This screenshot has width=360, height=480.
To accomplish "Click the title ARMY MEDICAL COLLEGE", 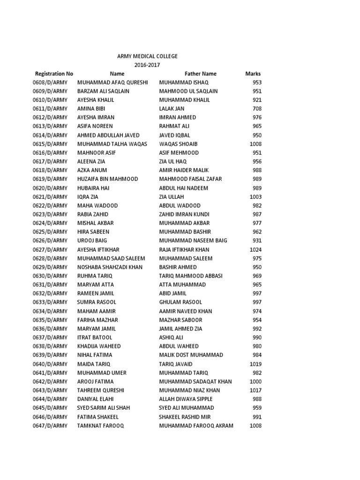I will [x=147, y=56].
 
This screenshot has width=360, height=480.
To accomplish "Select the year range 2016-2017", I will [x=147, y=65].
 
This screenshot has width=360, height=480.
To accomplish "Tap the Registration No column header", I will [x=54, y=74].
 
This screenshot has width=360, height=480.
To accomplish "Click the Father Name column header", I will [x=200, y=74].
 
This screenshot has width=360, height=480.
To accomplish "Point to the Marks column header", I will [x=253, y=74].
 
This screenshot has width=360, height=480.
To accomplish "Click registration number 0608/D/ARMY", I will [x=50, y=82].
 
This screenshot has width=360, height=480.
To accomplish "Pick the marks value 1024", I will [x=255, y=250].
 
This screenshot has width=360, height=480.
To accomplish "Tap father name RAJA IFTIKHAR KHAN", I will [x=184, y=250].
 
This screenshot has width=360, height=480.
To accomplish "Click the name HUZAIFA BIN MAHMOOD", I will [x=107, y=179].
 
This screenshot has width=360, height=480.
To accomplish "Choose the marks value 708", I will [x=257, y=109].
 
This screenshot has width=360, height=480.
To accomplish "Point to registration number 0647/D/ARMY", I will [x=50, y=426].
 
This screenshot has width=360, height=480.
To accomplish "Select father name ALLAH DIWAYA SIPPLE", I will [x=187, y=399].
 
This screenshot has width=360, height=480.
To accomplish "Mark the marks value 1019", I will [x=255, y=364].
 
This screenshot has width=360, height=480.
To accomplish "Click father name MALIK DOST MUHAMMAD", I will [x=191, y=355].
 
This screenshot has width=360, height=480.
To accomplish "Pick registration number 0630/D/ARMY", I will [x=50, y=276].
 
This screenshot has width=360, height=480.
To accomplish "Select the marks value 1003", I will [x=255, y=197].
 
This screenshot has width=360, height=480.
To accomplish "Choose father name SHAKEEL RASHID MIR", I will [x=186, y=417].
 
